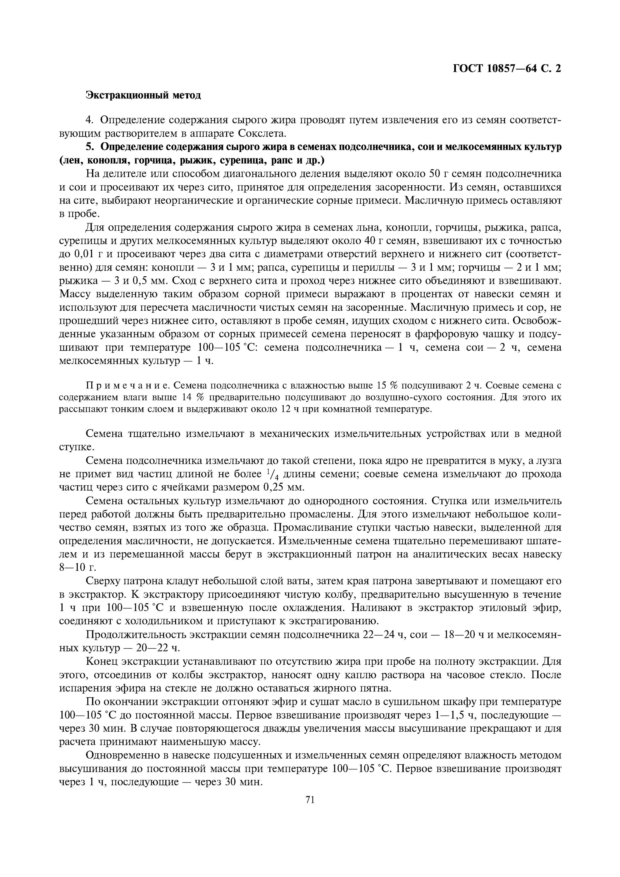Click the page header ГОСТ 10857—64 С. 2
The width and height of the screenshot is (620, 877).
(507, 68)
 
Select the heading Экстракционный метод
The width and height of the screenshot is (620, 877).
(143, 95)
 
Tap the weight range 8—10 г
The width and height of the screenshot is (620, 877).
(75, 567)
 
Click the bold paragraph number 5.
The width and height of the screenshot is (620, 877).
(90, 147)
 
